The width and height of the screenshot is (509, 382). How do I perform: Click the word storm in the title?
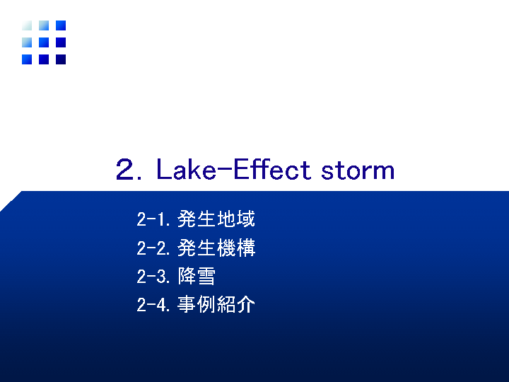(358, 170)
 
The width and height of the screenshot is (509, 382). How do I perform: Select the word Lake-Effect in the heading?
(234, 169)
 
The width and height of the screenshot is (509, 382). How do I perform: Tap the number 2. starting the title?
(129, 169)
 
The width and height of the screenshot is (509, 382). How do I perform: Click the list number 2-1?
(153, 219)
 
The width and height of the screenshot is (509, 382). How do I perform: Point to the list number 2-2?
(153, 248)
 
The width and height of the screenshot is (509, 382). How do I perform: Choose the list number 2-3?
(153, 277)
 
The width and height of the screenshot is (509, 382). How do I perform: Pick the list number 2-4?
(153, 305)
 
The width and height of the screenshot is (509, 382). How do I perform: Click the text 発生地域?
(216, 219)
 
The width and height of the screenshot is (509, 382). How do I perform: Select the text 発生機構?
(216, 248)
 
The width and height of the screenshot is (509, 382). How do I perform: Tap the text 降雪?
(197, 276)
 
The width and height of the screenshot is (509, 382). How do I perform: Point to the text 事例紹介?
(216, 304)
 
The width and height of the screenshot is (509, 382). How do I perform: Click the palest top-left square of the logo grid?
(27, 25)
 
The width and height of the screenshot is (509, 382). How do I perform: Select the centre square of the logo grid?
(44, 42)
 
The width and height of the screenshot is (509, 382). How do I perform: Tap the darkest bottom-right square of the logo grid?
(61, 59)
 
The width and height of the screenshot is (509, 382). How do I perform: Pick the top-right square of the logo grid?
(61, 25)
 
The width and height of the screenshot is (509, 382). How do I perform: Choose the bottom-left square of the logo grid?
(27, 59)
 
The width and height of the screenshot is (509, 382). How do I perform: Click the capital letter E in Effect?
(240, 169)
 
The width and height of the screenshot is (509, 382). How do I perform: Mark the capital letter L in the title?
(163, 169)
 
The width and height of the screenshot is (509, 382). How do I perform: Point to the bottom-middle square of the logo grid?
(44, 59)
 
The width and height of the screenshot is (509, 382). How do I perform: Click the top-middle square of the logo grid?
(44, 25)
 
